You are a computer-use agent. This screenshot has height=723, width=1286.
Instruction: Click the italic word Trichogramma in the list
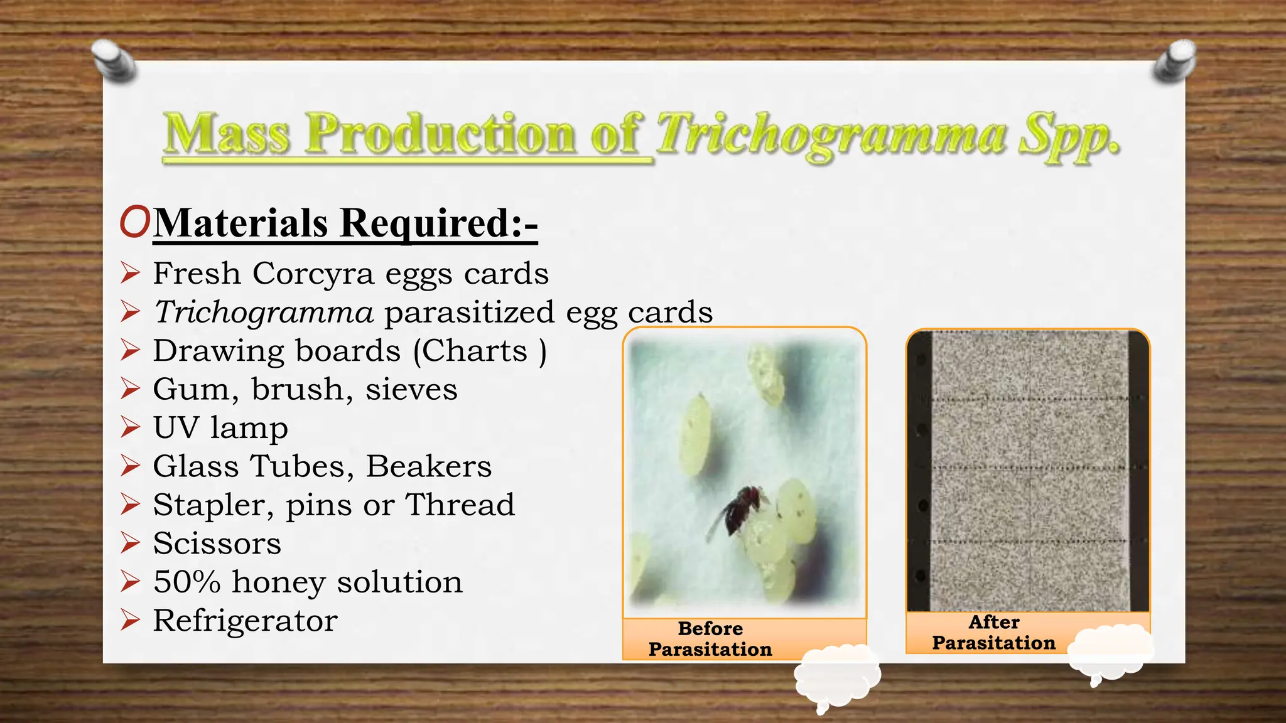[264, 312]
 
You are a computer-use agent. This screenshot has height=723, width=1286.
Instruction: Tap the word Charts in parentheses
[474, 351]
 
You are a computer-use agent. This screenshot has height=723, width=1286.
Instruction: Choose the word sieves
[412, 390]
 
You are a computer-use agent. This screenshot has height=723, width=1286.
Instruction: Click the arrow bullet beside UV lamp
[130, 428]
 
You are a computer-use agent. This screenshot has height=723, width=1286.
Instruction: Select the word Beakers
[429, 467]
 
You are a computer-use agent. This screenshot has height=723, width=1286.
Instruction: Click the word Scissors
[217, 544]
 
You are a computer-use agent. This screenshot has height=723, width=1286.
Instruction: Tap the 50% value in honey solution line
[186, 582]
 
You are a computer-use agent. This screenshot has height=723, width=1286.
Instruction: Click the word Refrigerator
[246, 621]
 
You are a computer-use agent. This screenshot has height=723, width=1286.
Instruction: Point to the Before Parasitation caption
[710, 639]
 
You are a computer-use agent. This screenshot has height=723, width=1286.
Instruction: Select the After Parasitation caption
[993, 633]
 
